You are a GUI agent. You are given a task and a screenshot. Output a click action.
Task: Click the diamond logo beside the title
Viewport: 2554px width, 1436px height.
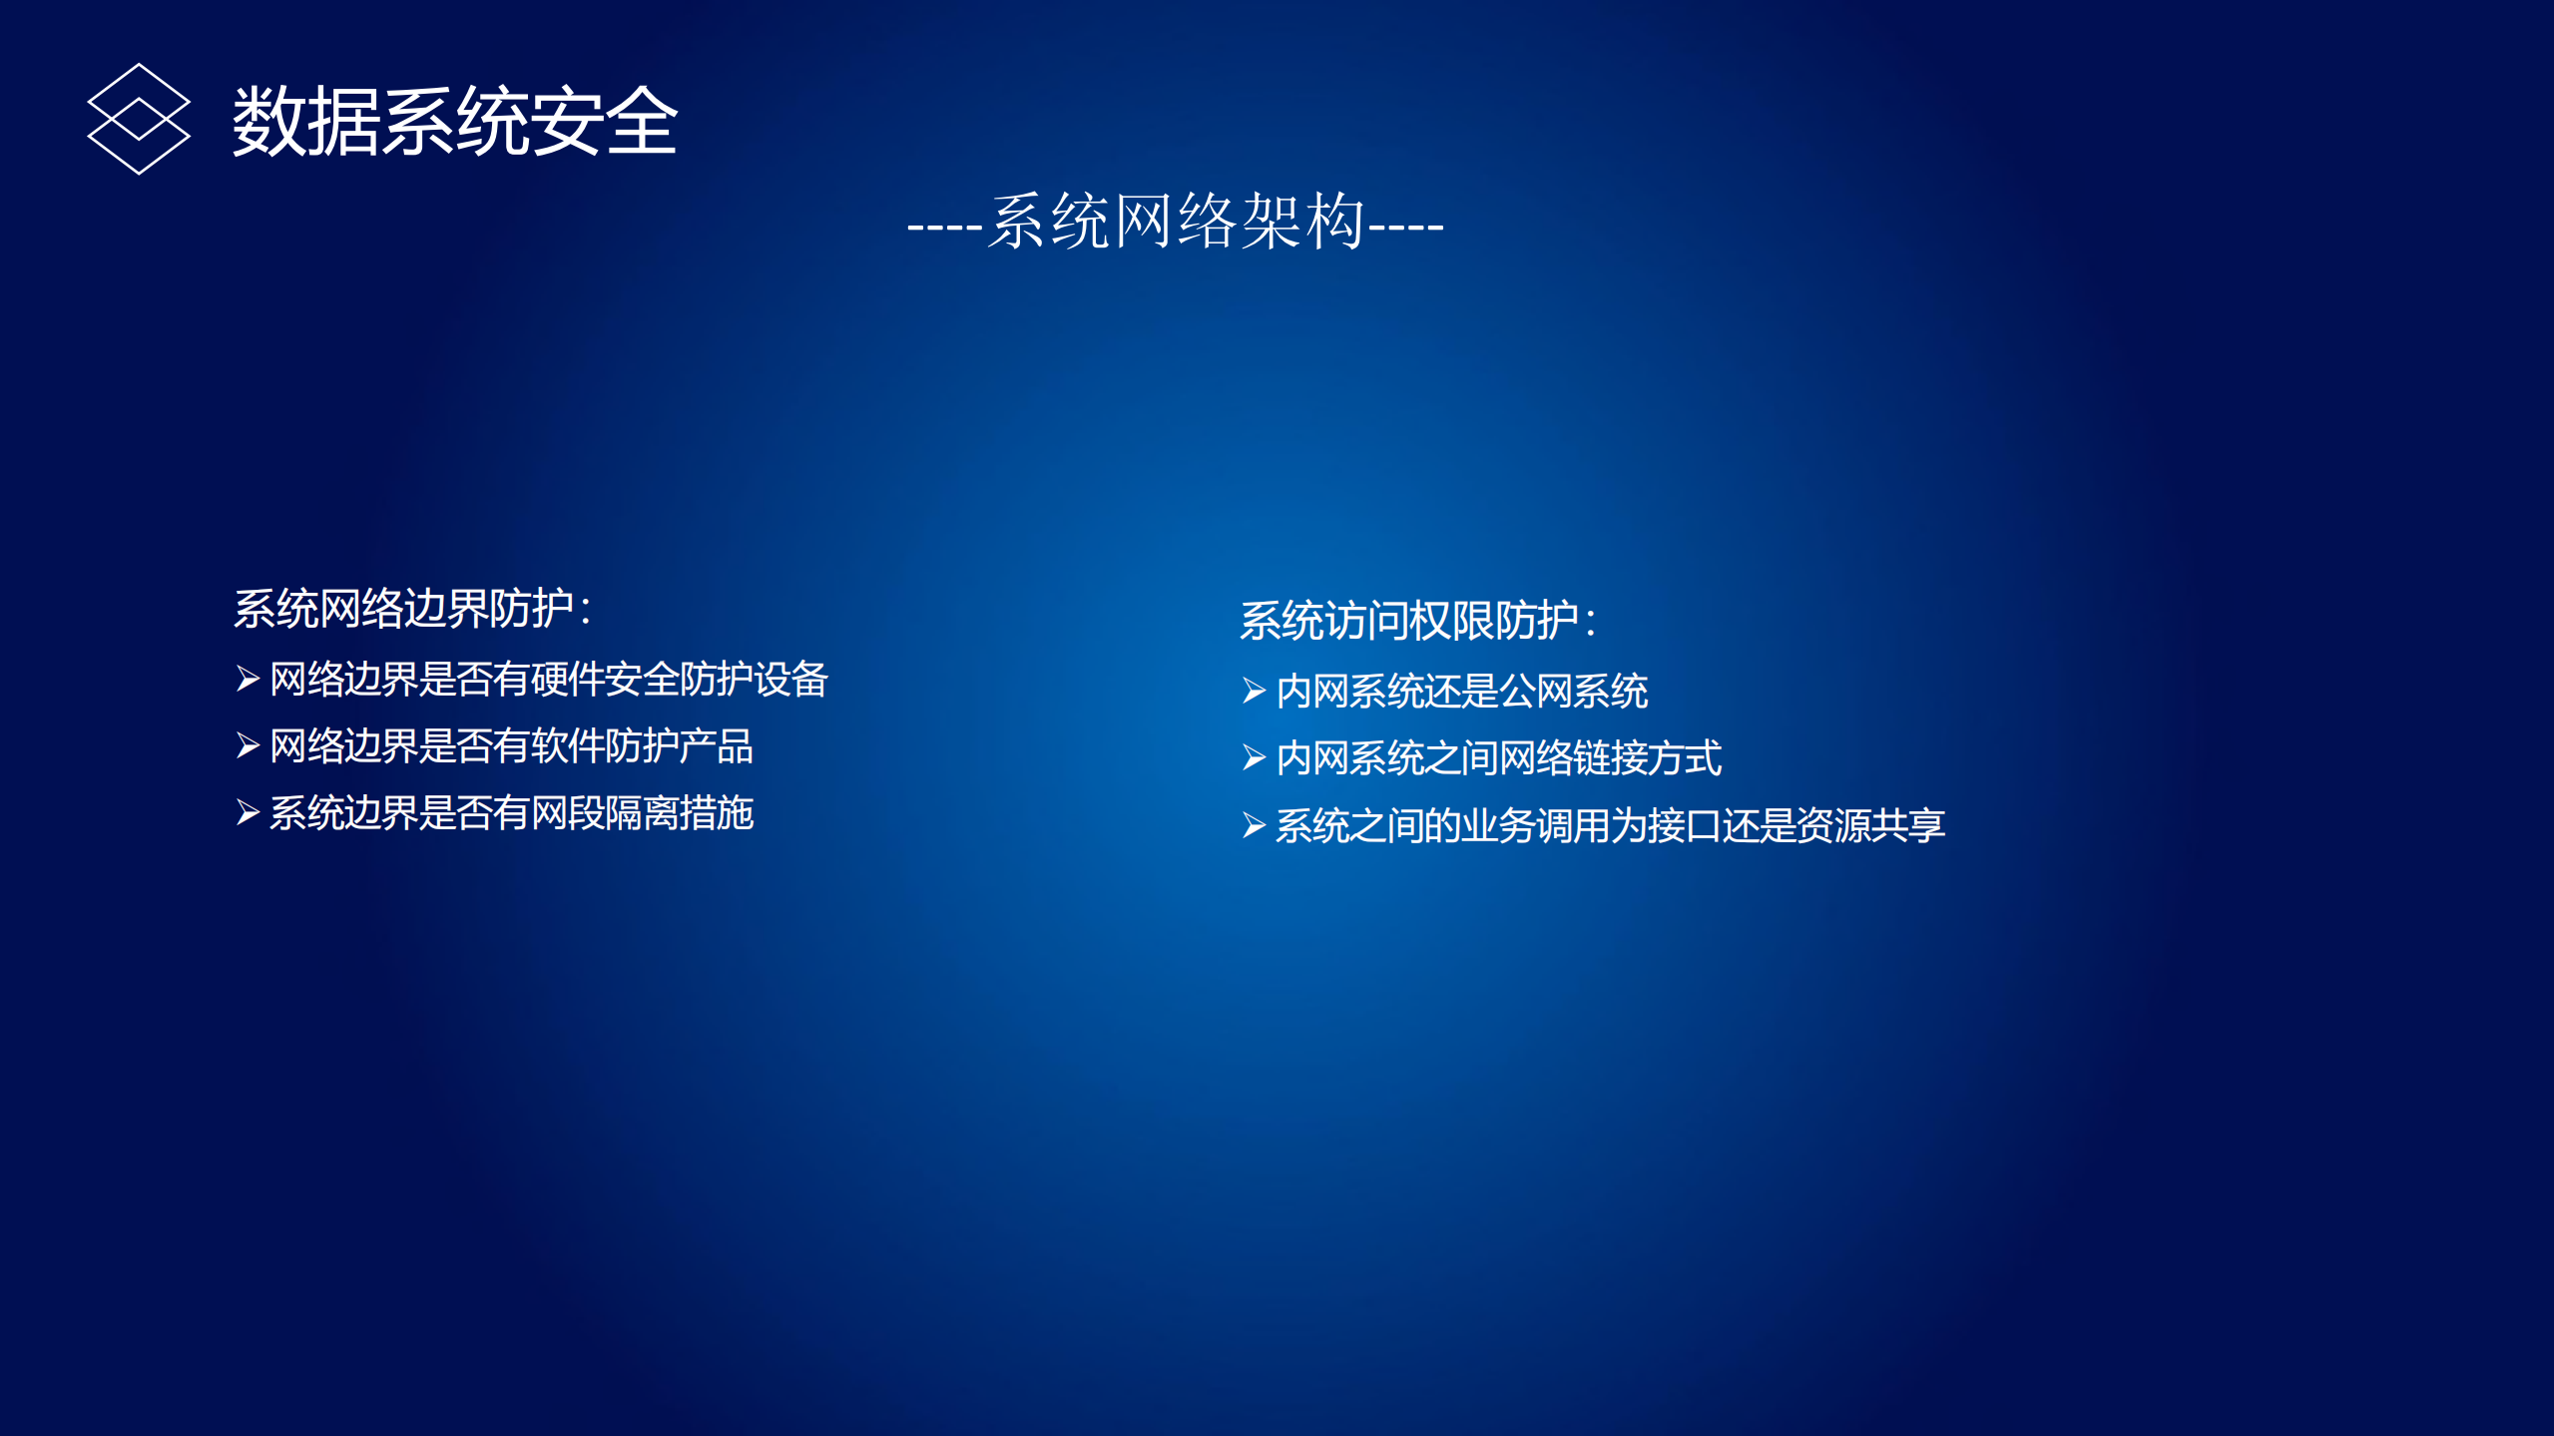click(x=139, y=119)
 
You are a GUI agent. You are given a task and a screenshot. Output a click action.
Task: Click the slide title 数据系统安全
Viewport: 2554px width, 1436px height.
click(x=455, y=121)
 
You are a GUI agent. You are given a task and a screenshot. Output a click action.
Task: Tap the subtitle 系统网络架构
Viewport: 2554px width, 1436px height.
click(x=1176, y=222)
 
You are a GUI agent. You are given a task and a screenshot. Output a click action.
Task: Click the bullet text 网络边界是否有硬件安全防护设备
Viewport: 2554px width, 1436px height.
click(x=549, y=680)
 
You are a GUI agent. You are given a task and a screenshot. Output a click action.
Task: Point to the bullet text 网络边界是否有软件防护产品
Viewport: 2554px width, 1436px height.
click(x=511, y=746)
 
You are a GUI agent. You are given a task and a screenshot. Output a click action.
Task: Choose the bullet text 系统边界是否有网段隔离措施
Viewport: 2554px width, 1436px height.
click(x=511, y=813)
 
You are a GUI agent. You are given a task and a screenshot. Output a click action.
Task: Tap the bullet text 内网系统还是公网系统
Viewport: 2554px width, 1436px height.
click(x=1461, y=692)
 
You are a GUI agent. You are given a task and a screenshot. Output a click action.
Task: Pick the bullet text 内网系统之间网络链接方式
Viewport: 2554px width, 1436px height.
click(x=1498, y=758)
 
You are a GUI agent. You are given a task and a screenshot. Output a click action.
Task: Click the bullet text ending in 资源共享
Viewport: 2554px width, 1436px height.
click(x=1610, y=825)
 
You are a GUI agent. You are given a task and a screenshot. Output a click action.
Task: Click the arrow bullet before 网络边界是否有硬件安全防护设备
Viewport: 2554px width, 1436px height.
click(x=248, y=680)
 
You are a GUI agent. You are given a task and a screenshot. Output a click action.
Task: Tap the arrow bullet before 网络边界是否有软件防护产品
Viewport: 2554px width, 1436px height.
click(x=248, y=745)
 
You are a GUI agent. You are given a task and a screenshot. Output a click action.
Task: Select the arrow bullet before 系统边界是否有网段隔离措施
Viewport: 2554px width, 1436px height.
click(x=248, y=812)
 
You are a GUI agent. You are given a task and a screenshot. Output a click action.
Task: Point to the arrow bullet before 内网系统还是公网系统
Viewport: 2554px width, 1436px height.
click(x=1254, y=691)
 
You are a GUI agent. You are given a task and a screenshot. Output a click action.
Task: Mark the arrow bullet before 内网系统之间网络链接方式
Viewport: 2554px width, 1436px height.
click(x=1254, y=757)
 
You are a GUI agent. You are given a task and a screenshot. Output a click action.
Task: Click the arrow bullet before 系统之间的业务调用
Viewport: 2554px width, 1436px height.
click(x=1254, y=825)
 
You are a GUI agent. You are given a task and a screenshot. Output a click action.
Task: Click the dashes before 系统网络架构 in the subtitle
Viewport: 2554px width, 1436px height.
click(x=944, y=229)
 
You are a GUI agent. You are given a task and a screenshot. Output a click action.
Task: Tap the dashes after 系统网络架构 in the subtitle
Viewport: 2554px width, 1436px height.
click(x=1406, y=229)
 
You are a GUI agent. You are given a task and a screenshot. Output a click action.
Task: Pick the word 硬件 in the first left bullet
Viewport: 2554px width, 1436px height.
click(x=567, y=680)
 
